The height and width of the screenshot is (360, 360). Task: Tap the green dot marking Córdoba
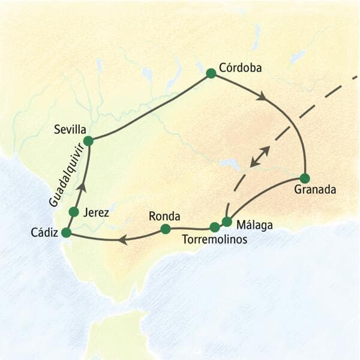(x=211, y=73)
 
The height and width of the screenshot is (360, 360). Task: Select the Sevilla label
(x=70, y=129)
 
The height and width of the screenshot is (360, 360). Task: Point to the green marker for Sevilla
(x=88, y=141)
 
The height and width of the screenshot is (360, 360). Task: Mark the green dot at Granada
(x=305, y=178)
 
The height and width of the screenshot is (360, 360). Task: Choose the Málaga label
(x=254, y=226)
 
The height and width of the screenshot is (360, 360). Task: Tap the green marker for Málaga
(x=227, y=222)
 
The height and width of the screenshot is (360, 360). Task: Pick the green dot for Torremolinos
(x=214, y=227)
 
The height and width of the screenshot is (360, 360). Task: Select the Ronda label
(x=164, y=216)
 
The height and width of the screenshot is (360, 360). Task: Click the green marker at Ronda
(x=166, y=229)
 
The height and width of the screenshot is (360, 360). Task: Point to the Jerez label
(x=97, y=212)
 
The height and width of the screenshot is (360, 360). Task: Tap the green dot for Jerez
(x=74, y=212)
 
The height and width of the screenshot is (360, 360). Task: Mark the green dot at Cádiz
(x=66, y=232)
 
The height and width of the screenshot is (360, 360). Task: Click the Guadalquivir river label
(x=62, y=180)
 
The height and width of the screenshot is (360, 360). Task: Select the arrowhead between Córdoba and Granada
(x=262, y=96)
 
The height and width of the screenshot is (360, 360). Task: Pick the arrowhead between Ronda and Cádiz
(x=122, y=240)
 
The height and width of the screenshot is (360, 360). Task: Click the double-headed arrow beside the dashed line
(x=260, y=156)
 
